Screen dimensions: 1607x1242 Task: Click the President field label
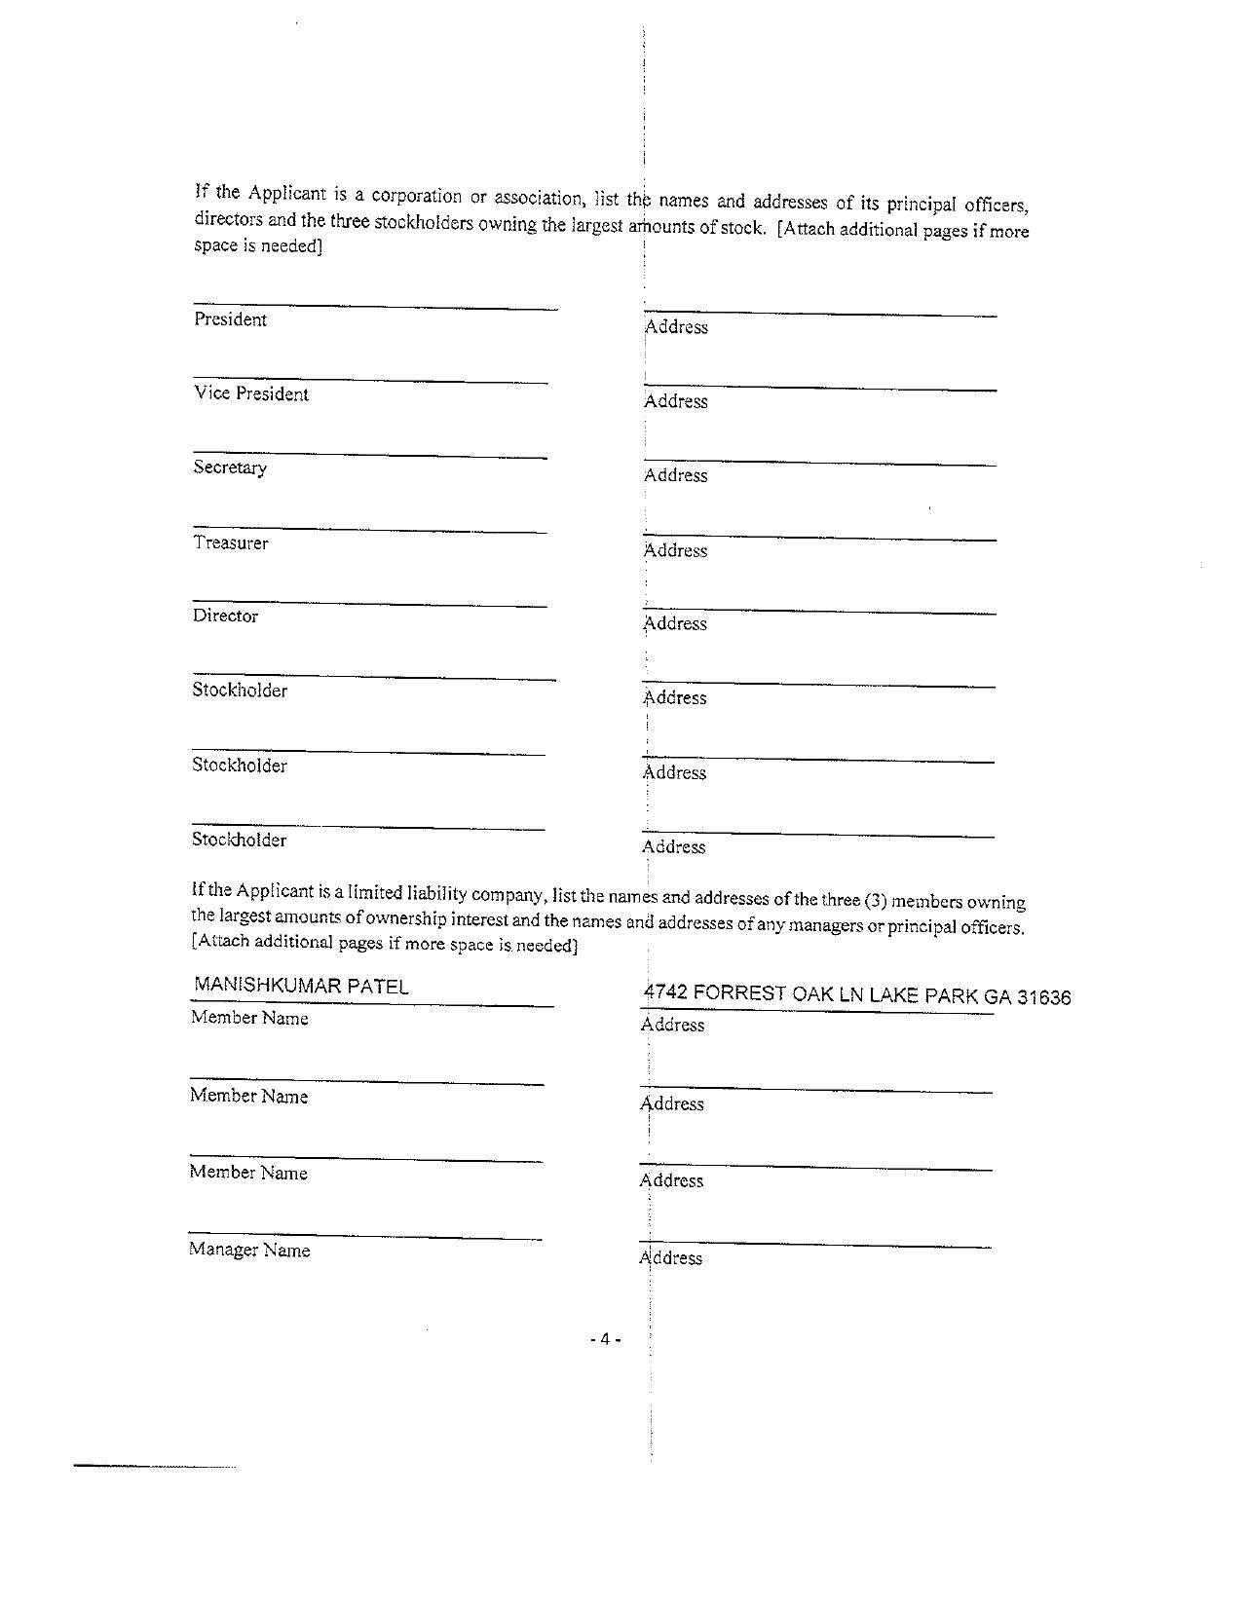[x=230, y=319]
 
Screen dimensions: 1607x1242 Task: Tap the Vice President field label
[x=250, y=393]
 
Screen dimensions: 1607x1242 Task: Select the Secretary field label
[x=230, y=467]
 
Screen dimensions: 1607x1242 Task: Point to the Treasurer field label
[x=230, y=542]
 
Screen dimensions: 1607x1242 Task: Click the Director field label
[x=225, y=616]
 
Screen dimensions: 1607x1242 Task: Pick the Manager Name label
[x=249, y=1250]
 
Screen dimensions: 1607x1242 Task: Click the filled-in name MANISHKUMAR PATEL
[x=301, y=986]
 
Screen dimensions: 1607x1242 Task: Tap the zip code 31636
[x=1043, y=997]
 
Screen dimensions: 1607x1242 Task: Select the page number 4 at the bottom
[x=605, y=1339]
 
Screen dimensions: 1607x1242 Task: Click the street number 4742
[x=666, y=992]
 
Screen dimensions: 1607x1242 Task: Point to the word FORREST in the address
[x=740, y=993]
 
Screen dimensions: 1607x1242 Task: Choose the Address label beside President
[x=676, y=327]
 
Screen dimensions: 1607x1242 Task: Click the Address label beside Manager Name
[x=671, y=1258]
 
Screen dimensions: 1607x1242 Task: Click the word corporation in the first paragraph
[x=416, y=195]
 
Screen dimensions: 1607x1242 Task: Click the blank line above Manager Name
[x=365, y=1237]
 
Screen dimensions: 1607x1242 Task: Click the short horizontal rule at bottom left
[x=155, y=1465]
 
